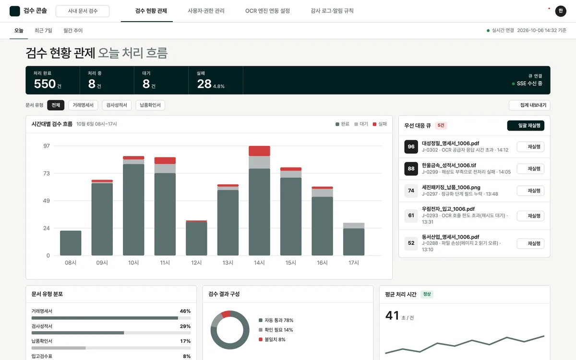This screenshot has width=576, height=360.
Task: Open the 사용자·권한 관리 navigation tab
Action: [206, 11]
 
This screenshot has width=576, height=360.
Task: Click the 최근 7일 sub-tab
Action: [43, 30]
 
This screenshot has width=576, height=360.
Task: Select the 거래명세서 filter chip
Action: [83, 105]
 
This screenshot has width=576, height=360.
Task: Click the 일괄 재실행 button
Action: [526, 125]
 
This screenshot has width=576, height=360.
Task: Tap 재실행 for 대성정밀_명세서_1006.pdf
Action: [530, 146]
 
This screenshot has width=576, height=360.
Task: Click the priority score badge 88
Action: [411, 168]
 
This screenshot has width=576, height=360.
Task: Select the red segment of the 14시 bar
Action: [259, 151]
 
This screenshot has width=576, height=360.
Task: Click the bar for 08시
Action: [71, 243]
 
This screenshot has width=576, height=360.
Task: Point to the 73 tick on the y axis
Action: [46, 173]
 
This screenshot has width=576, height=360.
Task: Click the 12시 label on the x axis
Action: [196, 263]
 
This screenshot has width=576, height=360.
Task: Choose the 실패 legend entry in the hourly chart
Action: [380, 124]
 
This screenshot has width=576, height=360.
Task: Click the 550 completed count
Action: [45, 84]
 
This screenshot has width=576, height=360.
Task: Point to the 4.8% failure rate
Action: [218, 86]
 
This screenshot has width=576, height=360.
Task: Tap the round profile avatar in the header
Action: [561, 11]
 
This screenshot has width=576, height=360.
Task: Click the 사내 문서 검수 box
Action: [83, 11]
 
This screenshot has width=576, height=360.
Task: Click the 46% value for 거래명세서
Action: [185, 311]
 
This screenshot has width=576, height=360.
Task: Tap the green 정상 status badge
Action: [427, 294]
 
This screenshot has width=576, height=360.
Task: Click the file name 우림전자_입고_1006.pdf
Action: [448, 209]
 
